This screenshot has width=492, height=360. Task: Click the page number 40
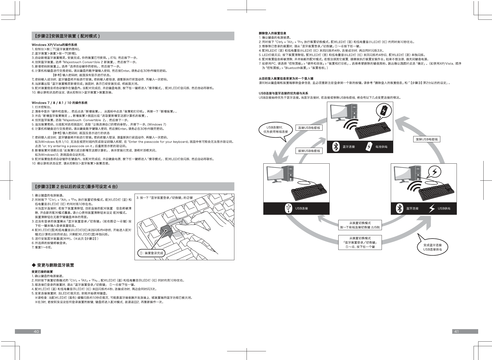click(36, 332)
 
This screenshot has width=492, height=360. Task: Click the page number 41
click(456, 332)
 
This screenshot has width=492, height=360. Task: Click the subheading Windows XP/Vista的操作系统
click(54, 45)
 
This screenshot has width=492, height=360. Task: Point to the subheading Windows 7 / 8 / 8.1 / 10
click(60, 103)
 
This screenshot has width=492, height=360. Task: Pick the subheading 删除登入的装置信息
click(271, 33)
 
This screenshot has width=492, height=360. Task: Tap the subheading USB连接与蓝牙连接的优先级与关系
click(284, 93)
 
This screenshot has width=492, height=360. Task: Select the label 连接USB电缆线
click(309, 128)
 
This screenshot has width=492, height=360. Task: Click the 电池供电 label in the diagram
click(381, 147)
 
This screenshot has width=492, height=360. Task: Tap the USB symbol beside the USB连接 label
click(289, 208)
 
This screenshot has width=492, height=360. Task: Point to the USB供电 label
click(444, 209)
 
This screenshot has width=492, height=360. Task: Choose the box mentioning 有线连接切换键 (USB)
click(360, 225)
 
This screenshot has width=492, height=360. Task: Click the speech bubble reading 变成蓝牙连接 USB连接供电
click(432, 247)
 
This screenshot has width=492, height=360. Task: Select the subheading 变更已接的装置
click(42, 272)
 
